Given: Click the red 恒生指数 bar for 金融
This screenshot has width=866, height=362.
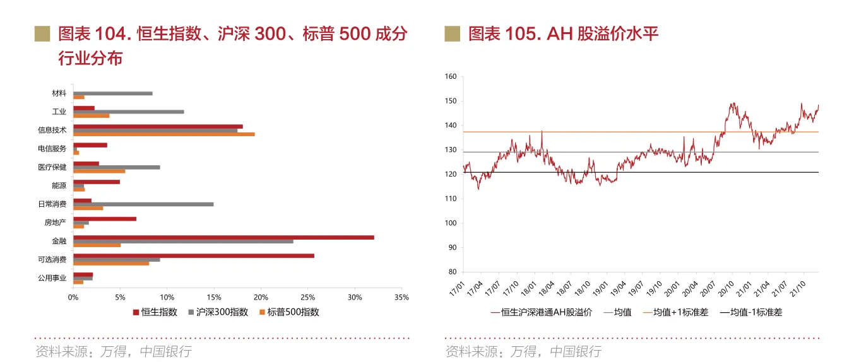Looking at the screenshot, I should (x=223, y=237).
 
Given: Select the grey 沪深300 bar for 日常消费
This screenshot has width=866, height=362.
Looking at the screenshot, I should (x=143, y=204).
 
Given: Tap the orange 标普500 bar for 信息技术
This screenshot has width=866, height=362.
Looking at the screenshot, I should (x=164, y=134).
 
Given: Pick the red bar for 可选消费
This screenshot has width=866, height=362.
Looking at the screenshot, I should (x=194, y=255).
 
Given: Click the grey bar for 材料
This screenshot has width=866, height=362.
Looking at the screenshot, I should (x=113, y=93).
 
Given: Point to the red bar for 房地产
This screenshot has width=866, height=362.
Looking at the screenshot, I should (x=105, y=219).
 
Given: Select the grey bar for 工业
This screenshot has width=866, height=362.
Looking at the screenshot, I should (x=129, y=112).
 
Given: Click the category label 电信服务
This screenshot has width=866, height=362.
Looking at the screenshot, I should (x=52, y=149).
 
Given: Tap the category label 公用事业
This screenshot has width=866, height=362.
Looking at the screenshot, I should (x=52, y=277).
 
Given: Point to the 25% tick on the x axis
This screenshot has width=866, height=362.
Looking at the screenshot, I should (x=307, y=297).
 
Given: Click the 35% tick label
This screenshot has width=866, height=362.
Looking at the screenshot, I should (x=401, y=297).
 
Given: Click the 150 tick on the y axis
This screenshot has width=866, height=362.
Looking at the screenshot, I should (x=450, y=101).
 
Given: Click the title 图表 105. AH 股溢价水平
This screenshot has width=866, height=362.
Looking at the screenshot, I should (x=563, y=33).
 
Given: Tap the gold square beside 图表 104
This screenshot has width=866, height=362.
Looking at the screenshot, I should (x=42, y=33).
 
